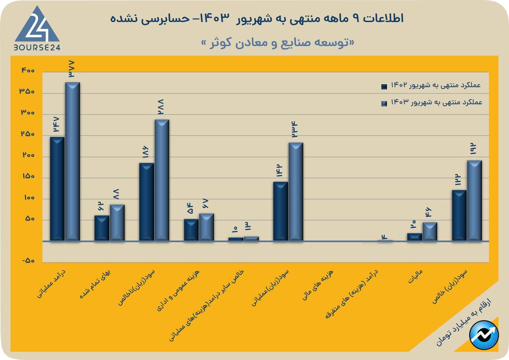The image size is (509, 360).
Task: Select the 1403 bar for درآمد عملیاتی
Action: pyautogui.click(x=72, y=161)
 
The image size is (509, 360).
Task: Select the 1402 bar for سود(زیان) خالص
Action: pyautogui.click(x=459, y=215)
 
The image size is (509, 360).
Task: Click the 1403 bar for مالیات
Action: pyautogui.click(x=430, y=232)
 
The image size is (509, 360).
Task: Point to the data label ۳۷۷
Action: pyautogui.click(x=71, y=69)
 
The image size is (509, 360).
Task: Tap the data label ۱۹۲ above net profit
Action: pyautogui.click(x=473, y=149)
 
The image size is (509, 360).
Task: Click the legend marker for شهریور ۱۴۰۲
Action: pyautogui.click(x=384, y=87)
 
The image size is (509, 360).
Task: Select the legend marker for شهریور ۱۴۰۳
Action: pyautogui.click(x=384, y=104)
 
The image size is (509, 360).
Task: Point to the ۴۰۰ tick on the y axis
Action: pyautogui.click(x=28, y=70)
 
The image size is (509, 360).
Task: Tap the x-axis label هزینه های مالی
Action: pyautogui.click(x=318, y=285)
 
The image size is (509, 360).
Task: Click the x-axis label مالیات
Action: pyautogui.click(x=415, y=277)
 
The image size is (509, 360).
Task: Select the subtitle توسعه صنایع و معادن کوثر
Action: pyautogui.click(x=278, y=43)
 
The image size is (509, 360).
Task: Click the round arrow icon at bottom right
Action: pyautogui.click(x=484, y=335)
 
